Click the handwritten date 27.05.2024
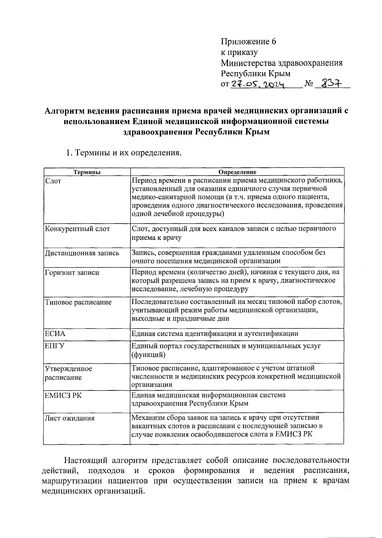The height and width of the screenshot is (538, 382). pos(258,84)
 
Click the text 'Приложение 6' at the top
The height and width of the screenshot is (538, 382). pos(248,42)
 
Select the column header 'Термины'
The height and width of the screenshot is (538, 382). pos(87,172)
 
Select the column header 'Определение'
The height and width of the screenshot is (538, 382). pos(237,172)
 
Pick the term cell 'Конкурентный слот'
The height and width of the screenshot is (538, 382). pos(77,229)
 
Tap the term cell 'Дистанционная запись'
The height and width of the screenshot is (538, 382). pos(82,253)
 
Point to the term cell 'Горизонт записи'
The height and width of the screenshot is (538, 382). pos(72,273)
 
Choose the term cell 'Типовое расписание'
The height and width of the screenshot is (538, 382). pos(78,302)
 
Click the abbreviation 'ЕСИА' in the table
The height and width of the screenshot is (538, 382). pos(55,333)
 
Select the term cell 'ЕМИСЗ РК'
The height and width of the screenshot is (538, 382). pos(63,395)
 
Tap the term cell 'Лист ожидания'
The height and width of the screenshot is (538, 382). pos(70,418)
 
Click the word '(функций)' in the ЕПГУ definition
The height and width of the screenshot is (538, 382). pos(148,354)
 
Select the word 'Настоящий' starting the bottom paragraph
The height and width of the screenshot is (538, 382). pos(84,460)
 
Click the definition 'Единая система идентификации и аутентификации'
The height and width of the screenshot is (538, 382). pos(215,333)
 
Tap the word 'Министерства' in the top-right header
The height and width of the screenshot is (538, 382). pos(247,63)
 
